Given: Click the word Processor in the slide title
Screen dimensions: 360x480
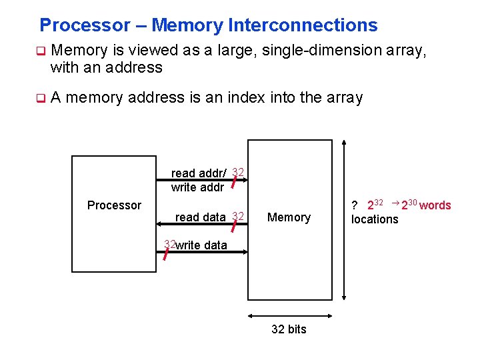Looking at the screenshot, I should pyautogui.click(x=85, y=25).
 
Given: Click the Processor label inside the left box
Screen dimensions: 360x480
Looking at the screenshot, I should pyautogui.click(x=114, y=205).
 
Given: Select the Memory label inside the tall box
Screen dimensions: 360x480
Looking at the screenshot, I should pyautogui.click(x=289, y=217).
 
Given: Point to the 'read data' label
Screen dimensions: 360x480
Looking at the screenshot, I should pyautogui.click(x=201, y=217).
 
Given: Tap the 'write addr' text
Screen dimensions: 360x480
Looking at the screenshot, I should pyautogui.click(x=197, y=187).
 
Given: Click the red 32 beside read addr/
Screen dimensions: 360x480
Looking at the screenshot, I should pyautogui.click(x=238, y=173).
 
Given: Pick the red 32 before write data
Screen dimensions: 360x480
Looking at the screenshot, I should pyautogui.click(x=169, y=244).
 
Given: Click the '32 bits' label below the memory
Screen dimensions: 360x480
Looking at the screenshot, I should pyautogui.click(x=289, y=329).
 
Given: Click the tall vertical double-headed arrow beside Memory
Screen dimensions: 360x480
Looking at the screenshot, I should pyautogui.click(x=344, y=220).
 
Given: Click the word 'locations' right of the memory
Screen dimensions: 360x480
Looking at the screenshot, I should pyautogui.click(x=375, y=219).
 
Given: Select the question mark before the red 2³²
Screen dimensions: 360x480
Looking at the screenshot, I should pyautogui.click(x=355, y=205).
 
